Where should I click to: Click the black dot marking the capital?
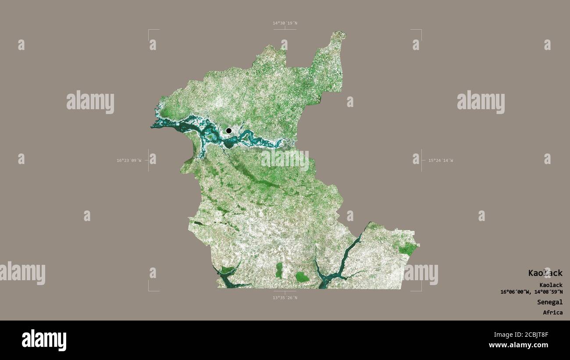[x=228, y=131]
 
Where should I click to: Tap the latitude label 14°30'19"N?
[x=285, y=23]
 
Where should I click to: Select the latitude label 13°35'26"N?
[x=285, y=298]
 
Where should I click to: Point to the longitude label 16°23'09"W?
[x=129, y=160]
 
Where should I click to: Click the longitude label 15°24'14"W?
[x=440, y=160]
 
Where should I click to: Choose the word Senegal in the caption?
[x=549, y=302]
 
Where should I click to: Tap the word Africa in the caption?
[x=552, y=313]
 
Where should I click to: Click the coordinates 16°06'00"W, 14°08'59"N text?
[x=531, y=292]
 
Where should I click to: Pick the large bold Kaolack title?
[x=545, y=273]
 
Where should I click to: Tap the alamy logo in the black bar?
[x=44, y=340]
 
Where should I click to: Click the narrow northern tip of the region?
[x=338, y=35]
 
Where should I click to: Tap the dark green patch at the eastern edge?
[x=408, y=250]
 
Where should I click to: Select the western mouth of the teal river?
[x=154, y=126]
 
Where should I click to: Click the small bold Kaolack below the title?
[x=551, y=285]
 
